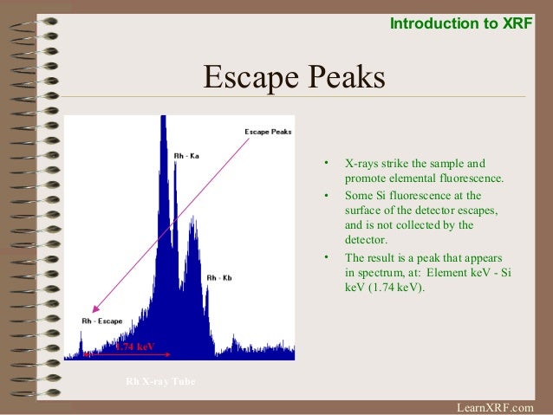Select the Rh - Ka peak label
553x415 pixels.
186,156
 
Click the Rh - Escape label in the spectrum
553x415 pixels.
101,321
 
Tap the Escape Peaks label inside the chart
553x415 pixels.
268,132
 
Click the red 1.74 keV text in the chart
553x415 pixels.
135,347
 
